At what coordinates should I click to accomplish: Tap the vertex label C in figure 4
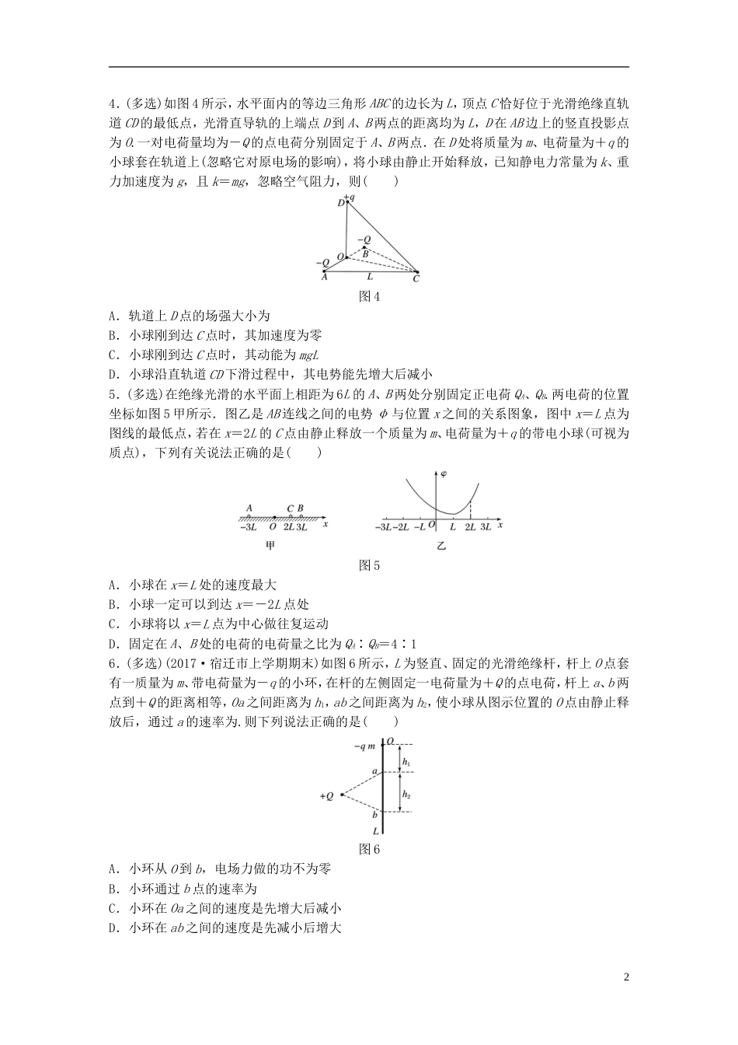[416, 278]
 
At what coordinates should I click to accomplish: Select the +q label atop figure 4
[350, 197]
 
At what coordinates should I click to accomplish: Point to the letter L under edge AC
[370, 276]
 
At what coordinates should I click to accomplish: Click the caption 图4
[369, 296]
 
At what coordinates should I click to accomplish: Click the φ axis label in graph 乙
[444, 474]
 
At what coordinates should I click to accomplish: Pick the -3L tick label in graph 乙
[384, 527]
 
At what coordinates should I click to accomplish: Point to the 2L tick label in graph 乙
[470, 527]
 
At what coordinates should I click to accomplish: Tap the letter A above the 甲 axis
[249, 509]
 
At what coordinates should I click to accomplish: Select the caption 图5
[369, 565]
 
